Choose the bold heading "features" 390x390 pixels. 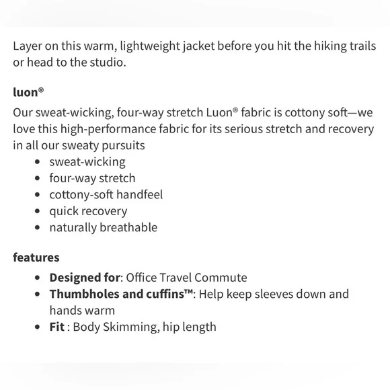[36, 257]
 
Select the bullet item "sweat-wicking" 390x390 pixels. [87, 162]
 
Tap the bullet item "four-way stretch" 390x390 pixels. [92, 178]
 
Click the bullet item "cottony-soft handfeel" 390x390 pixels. [106, 195]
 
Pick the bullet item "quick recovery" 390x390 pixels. [88, 211]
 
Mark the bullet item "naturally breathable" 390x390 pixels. [103, 227]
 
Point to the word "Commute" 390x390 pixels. [223, 277]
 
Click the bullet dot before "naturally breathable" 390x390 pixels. [36, 228]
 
